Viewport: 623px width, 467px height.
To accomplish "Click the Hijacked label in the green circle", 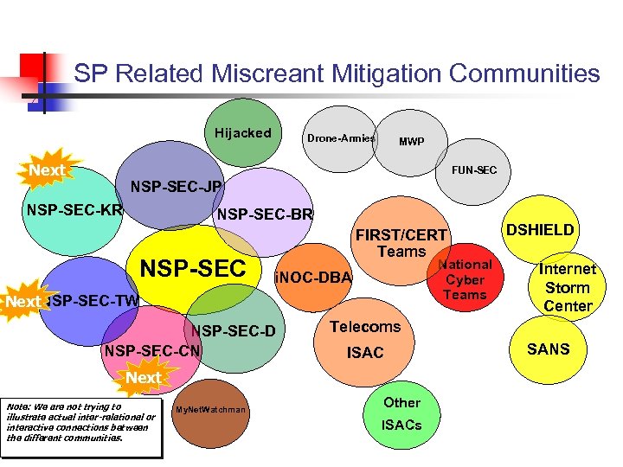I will pos(243,133).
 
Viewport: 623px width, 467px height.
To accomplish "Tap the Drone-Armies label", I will pos(341,138).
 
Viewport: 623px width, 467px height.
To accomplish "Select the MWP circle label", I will pos(411,142).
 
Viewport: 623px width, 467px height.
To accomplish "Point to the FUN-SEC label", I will pos(474,170).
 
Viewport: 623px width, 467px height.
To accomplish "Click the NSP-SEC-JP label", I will pos(176,187).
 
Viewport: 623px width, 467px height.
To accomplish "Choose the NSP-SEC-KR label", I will pos(74,209).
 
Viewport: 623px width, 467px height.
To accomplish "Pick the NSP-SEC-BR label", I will pos(265,214).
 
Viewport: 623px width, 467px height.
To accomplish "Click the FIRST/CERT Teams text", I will pos(401,243).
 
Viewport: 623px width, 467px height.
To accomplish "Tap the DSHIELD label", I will pos(540,229).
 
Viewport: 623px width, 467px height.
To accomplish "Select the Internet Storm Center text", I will pos(568,287).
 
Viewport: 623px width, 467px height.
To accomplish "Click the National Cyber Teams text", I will pos(465,279).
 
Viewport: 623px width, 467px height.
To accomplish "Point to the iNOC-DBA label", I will pos(312,278).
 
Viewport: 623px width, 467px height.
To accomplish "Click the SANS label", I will pos(549,349).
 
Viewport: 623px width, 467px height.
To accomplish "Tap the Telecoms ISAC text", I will pos(365,339).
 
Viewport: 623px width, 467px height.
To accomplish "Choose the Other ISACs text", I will pos(401,413).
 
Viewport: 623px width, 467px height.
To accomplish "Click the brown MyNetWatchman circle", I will pos(210,409).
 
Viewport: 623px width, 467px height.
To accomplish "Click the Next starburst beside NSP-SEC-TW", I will pos(24,302).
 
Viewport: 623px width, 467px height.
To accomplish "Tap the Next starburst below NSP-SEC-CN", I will pos(143,377).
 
